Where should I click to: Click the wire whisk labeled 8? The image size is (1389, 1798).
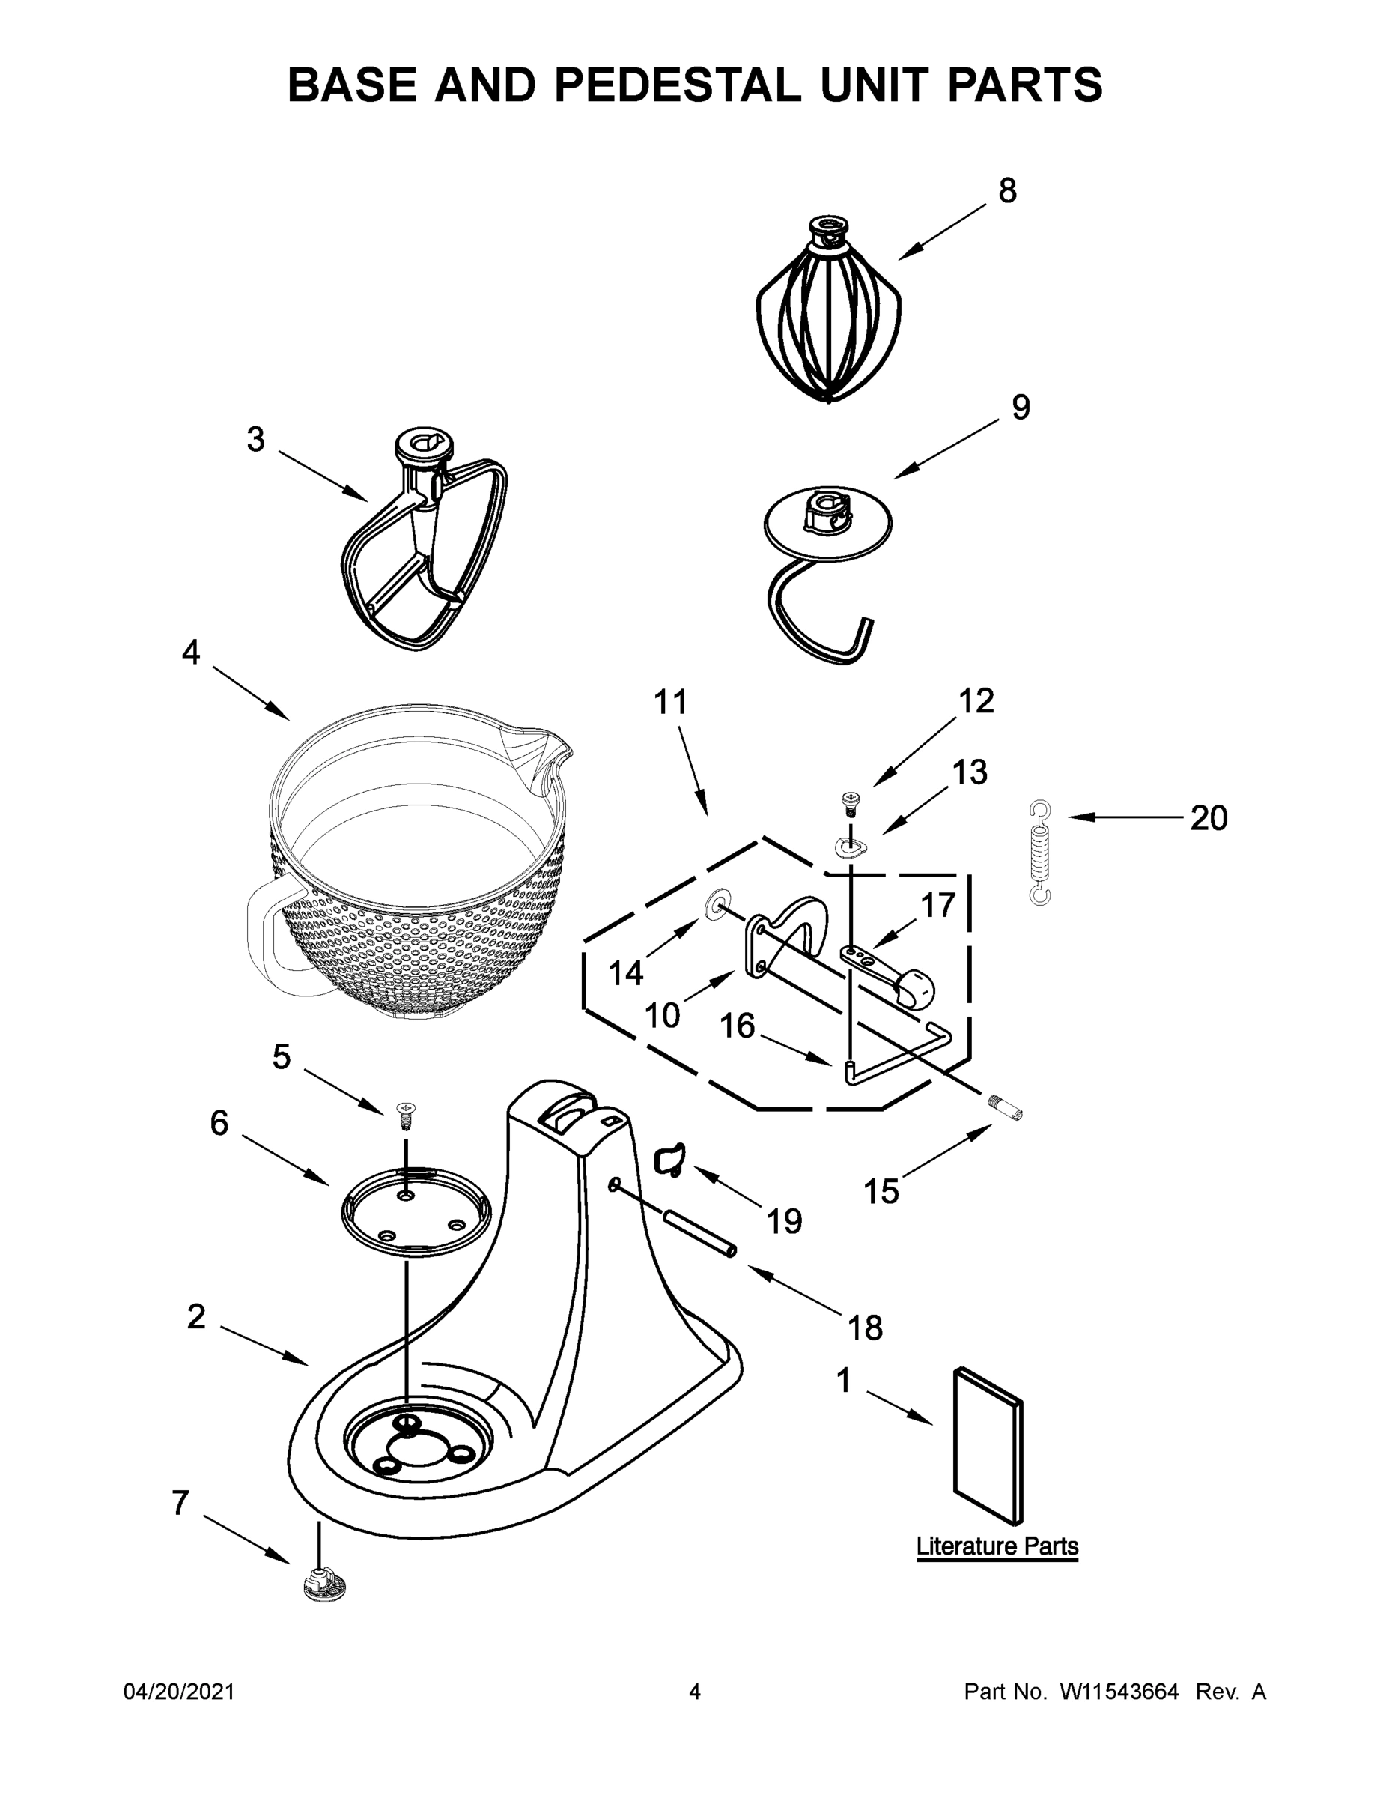tap(828, 321)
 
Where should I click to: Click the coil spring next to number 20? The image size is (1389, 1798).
tap(1041, 853)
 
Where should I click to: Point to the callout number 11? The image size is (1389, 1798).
tap(670, 702)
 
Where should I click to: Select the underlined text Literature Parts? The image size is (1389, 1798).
tap(997, 1546)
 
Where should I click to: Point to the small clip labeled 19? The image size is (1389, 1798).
tap(668, 1159)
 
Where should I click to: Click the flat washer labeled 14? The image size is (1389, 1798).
tap(715, 905)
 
